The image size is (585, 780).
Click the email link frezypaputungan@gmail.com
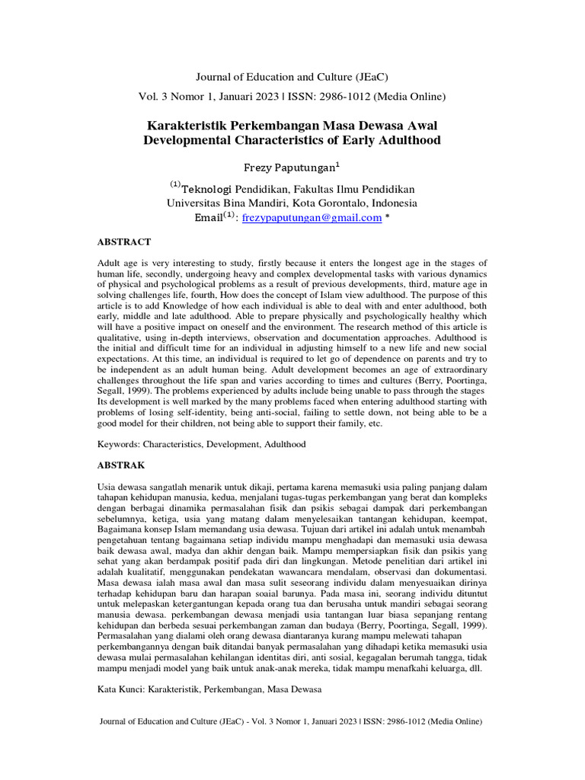(x=312, y=218)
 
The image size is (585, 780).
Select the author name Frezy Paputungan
(x=292, y=166)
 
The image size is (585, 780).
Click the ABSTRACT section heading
(x=123, y=242)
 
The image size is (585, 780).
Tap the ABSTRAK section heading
(x=121, y=463)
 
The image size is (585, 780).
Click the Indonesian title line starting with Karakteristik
(x=292, y=124)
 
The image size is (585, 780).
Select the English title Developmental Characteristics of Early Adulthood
(x=292, y=140)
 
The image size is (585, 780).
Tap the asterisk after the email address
(x=388, y=218)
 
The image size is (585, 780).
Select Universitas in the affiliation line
(x=197, y=203)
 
